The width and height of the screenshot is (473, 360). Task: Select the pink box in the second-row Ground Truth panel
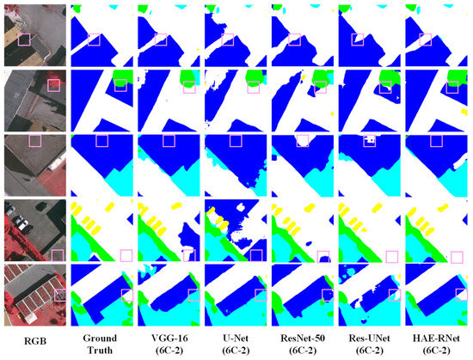tap(120, 83)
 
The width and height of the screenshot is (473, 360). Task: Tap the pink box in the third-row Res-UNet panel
tap(369, 141)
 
